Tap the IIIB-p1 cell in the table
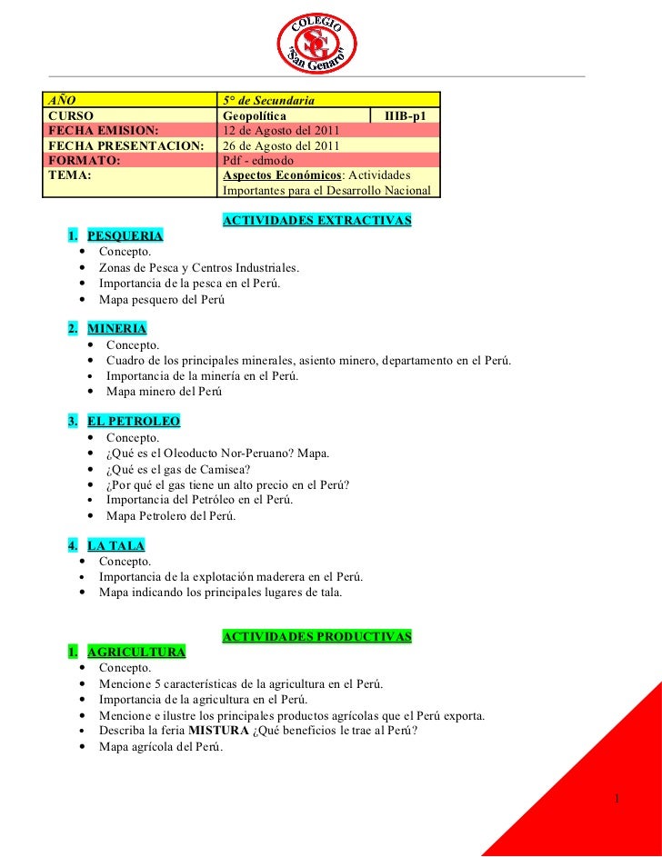(406, 115)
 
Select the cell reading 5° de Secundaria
(269, 99)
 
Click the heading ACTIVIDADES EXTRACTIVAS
(316, 221)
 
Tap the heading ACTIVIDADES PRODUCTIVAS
(316, 636)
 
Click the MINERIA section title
(116, 329)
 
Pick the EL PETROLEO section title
(134, 422)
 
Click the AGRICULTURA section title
(136, 652)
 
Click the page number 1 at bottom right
(617, 799)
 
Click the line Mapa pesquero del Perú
(161, 299)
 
